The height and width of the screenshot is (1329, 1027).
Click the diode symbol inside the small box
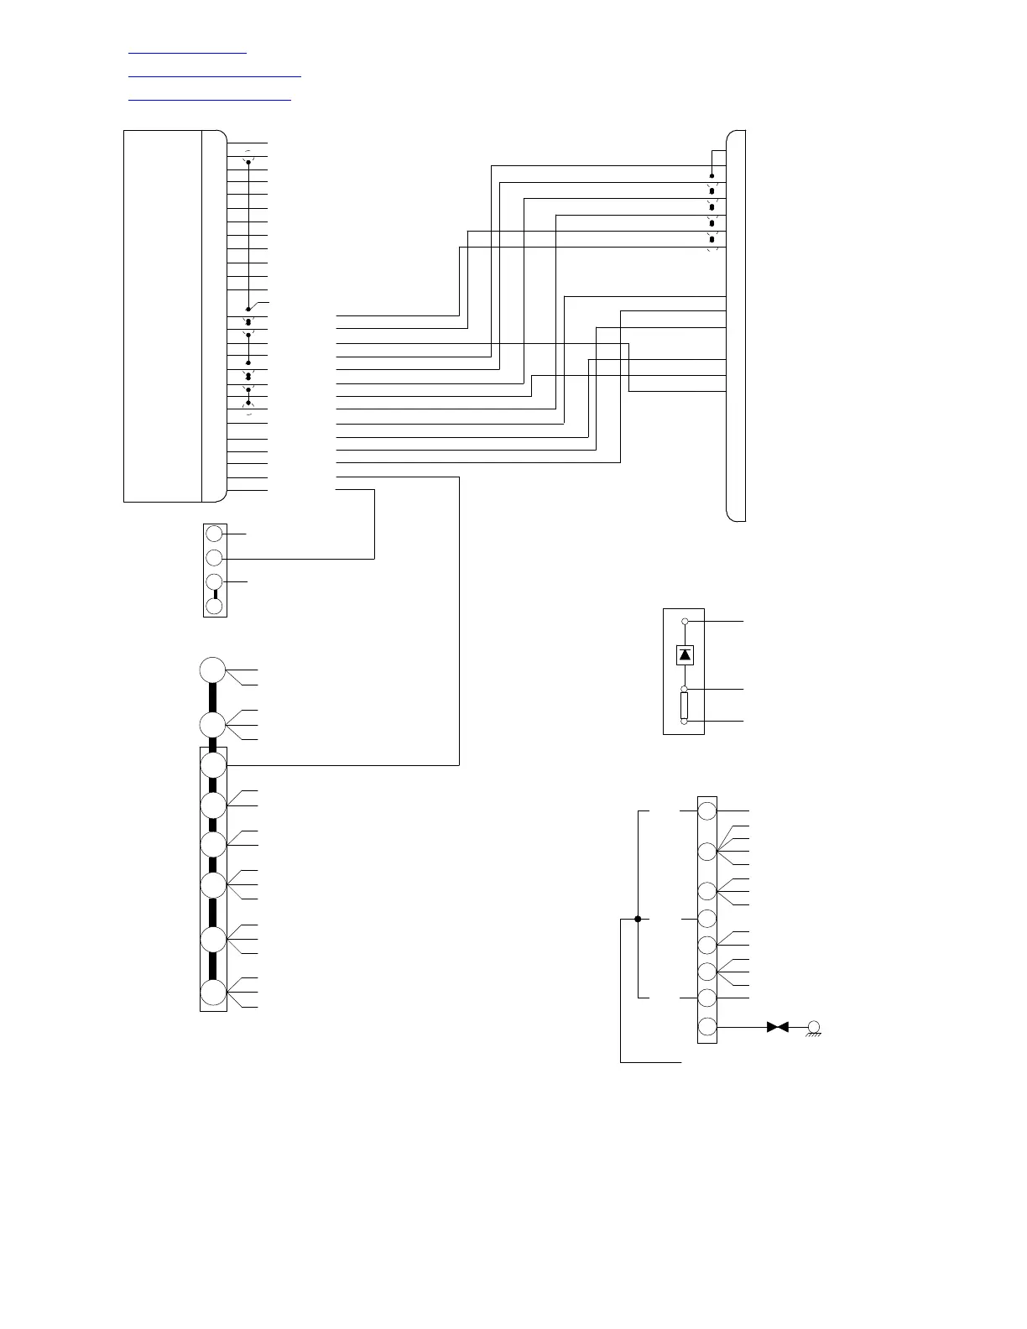point(685,654)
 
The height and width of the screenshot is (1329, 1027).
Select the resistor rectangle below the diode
point(685,705)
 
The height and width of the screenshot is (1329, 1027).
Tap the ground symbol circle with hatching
point(813,1027)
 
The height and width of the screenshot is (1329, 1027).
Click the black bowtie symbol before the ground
point(778,1027)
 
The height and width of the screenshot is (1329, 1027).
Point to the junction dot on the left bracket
point(638,919)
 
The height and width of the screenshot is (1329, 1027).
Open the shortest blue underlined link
point(187,52)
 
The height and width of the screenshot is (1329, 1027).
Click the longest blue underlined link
point(214,76)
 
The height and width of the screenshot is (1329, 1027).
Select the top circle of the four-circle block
point(215,534)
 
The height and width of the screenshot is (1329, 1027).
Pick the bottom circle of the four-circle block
point(215,606)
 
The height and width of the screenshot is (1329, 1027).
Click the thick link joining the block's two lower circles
point(215,594)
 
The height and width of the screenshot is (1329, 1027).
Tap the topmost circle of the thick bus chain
point(213,670)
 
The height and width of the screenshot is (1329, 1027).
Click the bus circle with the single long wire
point(213,765)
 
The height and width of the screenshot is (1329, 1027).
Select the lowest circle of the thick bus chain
point(213,993)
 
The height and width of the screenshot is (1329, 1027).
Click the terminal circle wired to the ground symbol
point(707,1027)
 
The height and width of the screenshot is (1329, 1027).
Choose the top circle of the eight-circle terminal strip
point(707,811)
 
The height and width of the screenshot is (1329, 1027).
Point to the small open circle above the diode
point(685,622)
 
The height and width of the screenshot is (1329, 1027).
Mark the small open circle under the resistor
point(685,722)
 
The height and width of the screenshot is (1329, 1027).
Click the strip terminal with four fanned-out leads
point(707,851)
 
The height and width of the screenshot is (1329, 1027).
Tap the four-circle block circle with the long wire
point(215,557)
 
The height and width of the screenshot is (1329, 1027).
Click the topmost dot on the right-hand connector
point(712,176)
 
